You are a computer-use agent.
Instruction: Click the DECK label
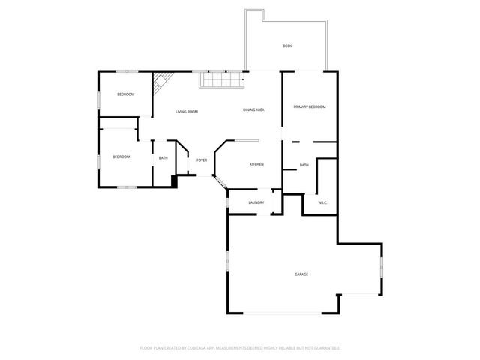point(287,46)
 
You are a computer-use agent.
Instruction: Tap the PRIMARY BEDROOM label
point(310,107)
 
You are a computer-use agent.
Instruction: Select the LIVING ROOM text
point(187,112)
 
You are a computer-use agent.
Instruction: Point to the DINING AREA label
point(253,110)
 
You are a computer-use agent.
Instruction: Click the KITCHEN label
point(256,164)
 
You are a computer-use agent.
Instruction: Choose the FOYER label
point(202,160)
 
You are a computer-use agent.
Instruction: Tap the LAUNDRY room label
point(256,202)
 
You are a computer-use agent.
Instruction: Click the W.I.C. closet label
point(322,202)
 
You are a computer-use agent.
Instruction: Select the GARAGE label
point(301,274)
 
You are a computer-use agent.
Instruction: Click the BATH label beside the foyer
point(163,157)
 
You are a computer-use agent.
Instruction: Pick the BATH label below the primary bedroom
point(304,165)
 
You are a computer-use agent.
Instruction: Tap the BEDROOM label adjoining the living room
point(125,94)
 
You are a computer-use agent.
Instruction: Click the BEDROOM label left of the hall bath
point(121,157)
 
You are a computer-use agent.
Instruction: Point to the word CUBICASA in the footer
point(203,348)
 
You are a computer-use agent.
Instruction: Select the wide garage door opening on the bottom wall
point(286,313)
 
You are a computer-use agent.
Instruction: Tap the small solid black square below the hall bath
point(174,180)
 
